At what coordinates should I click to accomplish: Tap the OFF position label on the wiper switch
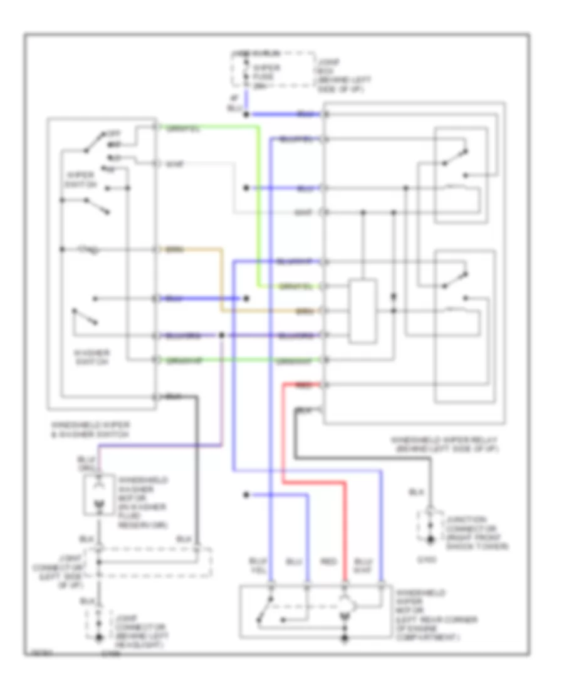click(115, 134)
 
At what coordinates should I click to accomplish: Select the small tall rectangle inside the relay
click(363, 312)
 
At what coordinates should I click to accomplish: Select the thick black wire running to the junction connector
click(363, 458)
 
